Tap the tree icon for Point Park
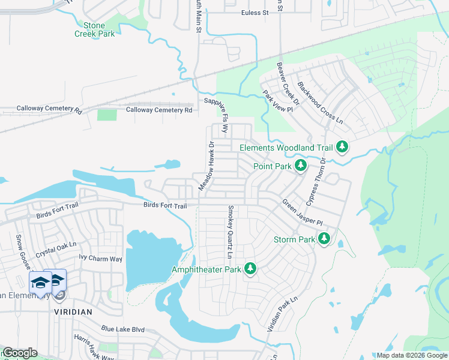(x=301, y=166)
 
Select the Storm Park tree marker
(x=324, y=239)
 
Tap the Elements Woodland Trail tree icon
(x=342, y=147)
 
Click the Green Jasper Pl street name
(x=303, y=211)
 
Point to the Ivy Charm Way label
(x=100, y=259)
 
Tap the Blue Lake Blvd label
(x=123, y=329)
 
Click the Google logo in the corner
(x=20, y=353)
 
